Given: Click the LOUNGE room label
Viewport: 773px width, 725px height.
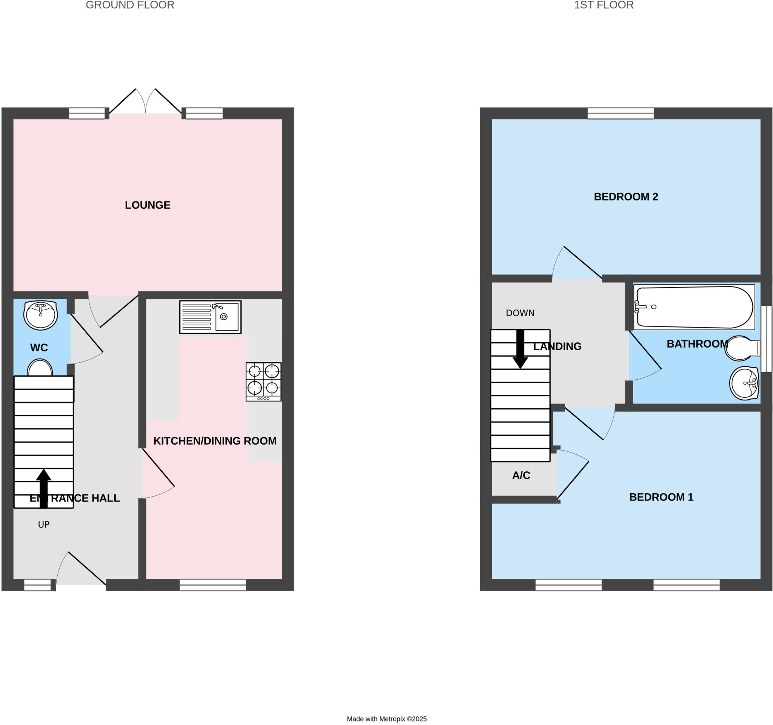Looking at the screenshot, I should [147, 205].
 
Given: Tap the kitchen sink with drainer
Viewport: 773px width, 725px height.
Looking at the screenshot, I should [210, 317].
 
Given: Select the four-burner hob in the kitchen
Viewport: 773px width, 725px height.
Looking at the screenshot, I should [263, 381].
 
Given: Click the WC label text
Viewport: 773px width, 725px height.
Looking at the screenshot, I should [39, 348].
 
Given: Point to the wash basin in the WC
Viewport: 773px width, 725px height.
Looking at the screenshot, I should [40, 314].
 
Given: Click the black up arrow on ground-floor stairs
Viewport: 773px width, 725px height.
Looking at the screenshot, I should [43, 488].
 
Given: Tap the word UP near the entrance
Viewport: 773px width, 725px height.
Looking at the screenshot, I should [43, 525].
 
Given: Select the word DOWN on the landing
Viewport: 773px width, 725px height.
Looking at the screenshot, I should [520, 313].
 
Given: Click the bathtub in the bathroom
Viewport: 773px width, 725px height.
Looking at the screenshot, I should [694, 307].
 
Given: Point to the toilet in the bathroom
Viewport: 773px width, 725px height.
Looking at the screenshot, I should [741, 348].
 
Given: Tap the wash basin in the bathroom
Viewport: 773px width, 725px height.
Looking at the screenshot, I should [744, 383].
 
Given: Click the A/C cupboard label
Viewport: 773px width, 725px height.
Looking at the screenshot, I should [521, 475].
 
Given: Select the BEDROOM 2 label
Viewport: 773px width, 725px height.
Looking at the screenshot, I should [626, 197].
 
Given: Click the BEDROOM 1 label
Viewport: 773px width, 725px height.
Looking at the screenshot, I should [661, 497].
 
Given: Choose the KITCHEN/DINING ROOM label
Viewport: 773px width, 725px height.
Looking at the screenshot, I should [215, 441].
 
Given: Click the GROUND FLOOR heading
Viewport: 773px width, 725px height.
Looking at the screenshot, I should [130, 5].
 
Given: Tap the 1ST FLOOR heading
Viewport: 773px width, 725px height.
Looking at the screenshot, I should [604, 5].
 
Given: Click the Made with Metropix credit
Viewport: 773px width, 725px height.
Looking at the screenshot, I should [386, 719].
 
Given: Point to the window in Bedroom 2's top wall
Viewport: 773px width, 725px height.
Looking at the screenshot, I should [620, 113].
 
